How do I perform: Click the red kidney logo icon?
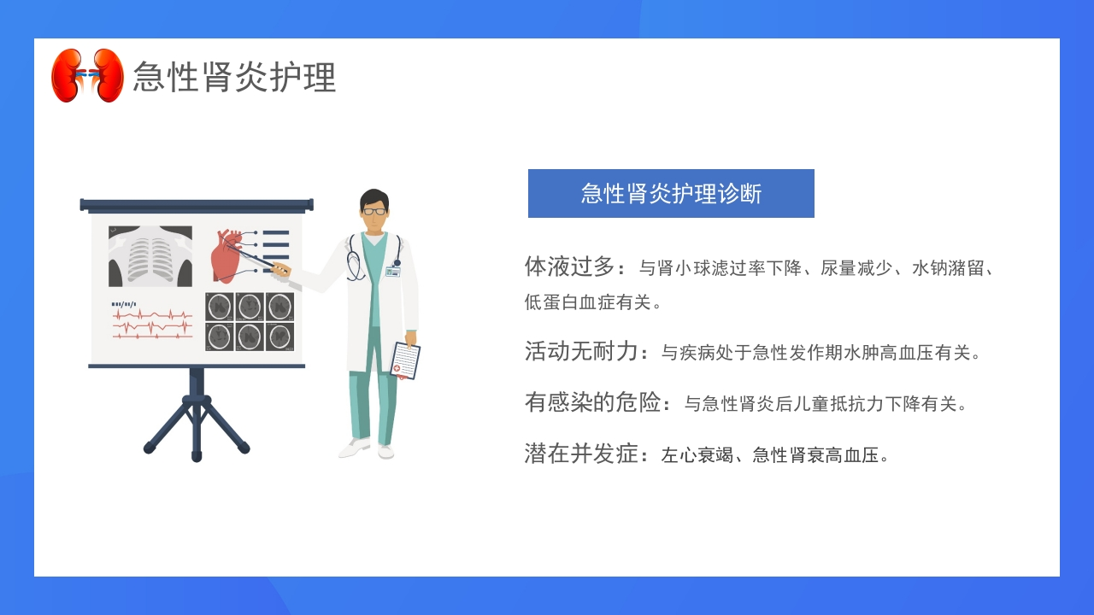click(x=87, y=75)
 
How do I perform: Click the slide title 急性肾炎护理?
click(x=234, y=77)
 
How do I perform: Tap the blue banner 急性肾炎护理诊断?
click(x=671, y=193)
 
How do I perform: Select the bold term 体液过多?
click(x=569, y=266)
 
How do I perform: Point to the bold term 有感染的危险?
click(x=593, y=402)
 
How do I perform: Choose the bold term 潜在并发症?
click(x=581, y=454)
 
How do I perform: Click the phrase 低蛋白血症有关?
click(x=588, y=302)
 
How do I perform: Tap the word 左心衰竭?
click(x=697, y=455)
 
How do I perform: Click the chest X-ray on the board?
click(x=150, y=256)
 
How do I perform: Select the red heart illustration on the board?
click(x=226, y=255)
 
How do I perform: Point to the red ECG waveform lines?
click(x=152, y=325)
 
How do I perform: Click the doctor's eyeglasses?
click(x=374, y=211)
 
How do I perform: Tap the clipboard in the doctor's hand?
click(x=405, y=360)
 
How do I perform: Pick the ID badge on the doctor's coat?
click(x=392, y=272)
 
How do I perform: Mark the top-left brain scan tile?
click(x=220, y=307)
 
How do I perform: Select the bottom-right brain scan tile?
click(x=279, y=337)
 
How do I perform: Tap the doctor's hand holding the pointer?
click(x=280, y=269)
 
